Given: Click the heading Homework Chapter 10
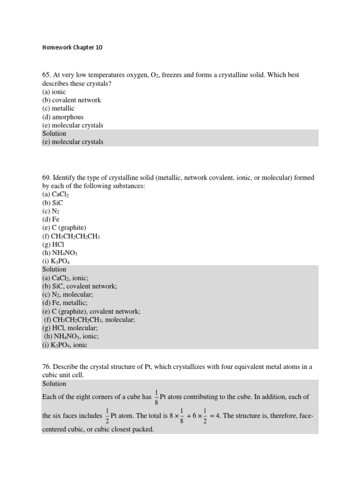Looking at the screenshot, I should tap(72, 47).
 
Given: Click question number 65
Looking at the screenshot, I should tap(46, 75).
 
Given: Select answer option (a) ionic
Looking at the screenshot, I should tap(54, 92).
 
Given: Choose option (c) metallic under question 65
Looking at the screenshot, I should tap(58, 108).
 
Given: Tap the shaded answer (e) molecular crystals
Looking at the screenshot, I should tap(73, 142).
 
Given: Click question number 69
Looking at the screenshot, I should tap(46, 178).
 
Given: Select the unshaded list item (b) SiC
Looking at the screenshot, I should tap(52, 202).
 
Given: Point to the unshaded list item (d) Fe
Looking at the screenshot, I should tap(51, 219).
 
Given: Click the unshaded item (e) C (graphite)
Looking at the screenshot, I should tap(64, 227).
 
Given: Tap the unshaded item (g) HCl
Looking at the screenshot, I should tap(53, 244).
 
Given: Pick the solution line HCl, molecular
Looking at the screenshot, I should tap(70, 329).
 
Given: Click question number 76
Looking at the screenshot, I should tap(46, 367).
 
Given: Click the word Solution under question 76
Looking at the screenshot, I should tap(54, 383).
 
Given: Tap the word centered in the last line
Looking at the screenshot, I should tap(56, 429).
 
